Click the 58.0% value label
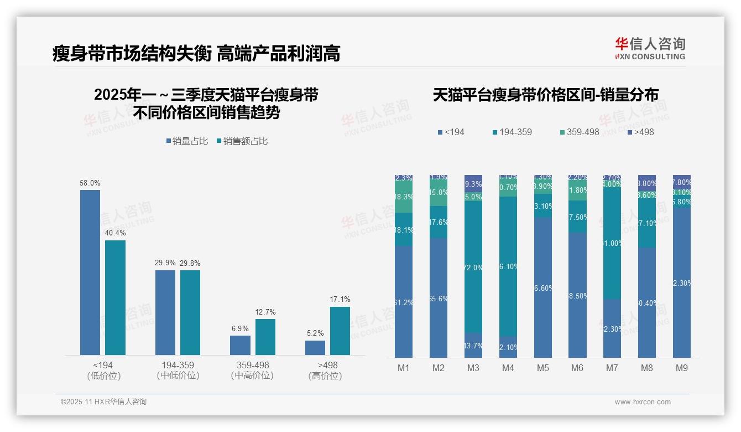[x=90, y=183]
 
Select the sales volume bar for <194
[x=90, y=272]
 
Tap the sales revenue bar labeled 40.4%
[x=115, y=297]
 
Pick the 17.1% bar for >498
[x=340, y=331]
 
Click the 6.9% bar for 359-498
[x=240, y=345]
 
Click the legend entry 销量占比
[x=187, y=141]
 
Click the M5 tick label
[x=543, y=368]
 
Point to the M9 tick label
[x=682, y=368]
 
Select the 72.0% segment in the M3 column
[x=473, y=266]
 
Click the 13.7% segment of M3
[x=473, y=345]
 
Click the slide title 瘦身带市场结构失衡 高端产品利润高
[x=196, y=53]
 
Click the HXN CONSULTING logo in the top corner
[x=650, y=48]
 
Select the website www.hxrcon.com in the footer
[x=643, y=402]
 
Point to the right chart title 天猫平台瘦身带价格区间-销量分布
[x=545, y=95]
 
